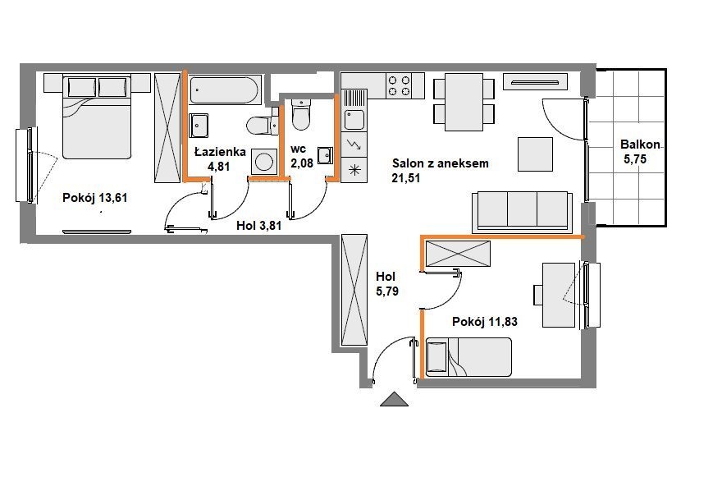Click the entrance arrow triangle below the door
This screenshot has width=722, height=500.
coord(394,400)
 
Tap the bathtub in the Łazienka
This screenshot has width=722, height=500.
coord(225,89)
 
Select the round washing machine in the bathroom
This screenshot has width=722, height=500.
coord(264,162)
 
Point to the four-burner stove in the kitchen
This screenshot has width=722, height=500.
coord(400,85)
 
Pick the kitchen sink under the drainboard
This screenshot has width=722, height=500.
coord(354,120)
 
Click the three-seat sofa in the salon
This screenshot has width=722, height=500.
coord(522,212)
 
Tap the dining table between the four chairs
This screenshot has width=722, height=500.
coord(464,102)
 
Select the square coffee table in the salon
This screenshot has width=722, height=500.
coord(535,154)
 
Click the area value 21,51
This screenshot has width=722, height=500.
coord(405,178)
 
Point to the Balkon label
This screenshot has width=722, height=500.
coord(640,144)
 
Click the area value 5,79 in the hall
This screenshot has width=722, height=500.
coord(387,291)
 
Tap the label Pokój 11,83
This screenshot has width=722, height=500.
coord(485,321)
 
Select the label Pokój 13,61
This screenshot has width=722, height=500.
coord(95,198)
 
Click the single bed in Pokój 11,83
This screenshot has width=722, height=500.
coord(468,357)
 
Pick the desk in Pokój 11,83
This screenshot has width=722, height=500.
coord(559,295)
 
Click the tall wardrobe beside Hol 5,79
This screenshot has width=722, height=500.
coord(354,290)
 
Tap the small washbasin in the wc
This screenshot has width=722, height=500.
coord(325,155)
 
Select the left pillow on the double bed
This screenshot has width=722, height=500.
coord(82,87)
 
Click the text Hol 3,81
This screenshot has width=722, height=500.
coord(258,225)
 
